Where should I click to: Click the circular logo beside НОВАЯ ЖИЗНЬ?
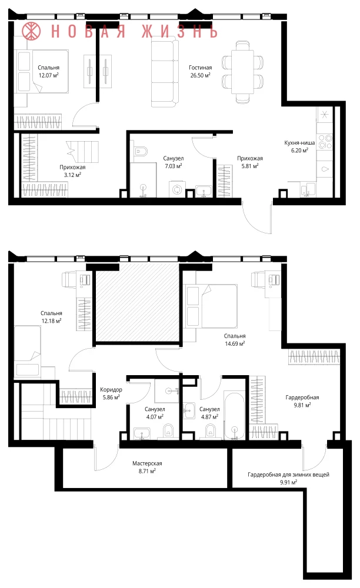[31, 31]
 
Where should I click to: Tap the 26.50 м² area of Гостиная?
[200, 75]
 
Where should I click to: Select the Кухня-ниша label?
[299, 142]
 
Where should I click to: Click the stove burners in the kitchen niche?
[325, 142]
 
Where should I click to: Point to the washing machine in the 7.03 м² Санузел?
[177, 189]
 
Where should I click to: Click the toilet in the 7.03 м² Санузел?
[141, 152]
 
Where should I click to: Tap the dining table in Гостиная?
[242, 72]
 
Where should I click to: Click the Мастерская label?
[147, 463]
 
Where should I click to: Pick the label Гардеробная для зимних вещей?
[288, 475]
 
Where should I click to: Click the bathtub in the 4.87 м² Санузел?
[234, 415]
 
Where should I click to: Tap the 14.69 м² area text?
[235, 343]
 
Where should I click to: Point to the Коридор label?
[111, 390]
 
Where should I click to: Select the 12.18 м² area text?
[51, 321]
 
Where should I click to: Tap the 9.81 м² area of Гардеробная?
[302, 405]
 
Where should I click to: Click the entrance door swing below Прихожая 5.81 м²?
[258, 218]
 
